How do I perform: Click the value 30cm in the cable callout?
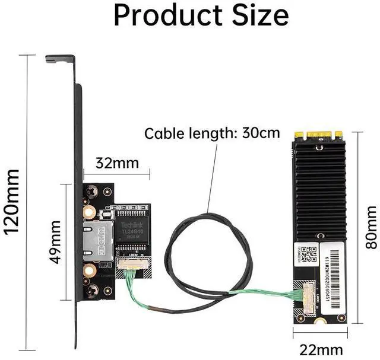[261, 132]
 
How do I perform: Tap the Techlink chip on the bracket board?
[133, 234]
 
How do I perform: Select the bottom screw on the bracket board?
[94, 290]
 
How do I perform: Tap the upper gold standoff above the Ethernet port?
[88, 212]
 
